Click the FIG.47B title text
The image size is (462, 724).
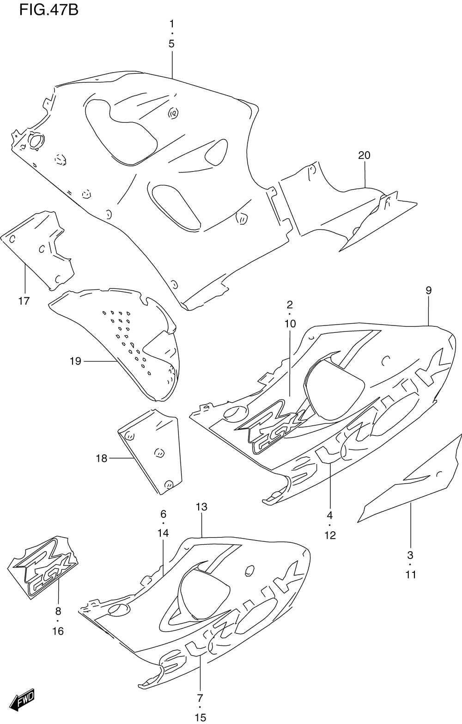click(49, 10)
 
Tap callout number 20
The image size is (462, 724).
click(364, 155)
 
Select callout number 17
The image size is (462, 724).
click(24, 301)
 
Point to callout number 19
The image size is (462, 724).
click(75, 361)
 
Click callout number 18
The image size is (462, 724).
click(101, 459)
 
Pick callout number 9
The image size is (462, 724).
click(428, 290)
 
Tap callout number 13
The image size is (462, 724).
click(201, 507)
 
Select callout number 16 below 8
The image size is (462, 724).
click(58, 631)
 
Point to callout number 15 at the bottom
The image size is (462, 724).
click(200, 718)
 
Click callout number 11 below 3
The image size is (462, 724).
click(411, 575)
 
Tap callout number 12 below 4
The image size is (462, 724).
click(330, 535)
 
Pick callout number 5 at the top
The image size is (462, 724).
click(171, 44)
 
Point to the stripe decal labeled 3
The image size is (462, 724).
click(411, 481)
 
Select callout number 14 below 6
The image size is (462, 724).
click(163, 533)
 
